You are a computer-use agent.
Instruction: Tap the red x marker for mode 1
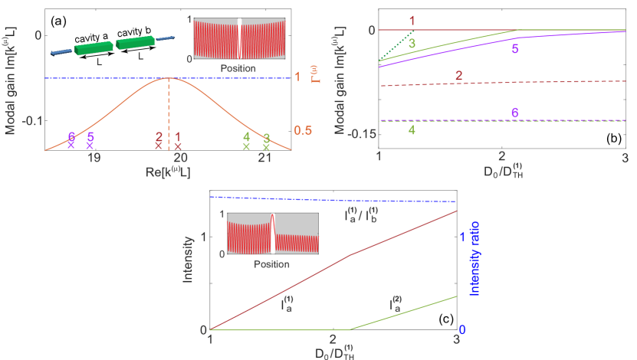tap(178, 146)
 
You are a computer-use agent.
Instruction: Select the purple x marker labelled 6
tap(71, 144)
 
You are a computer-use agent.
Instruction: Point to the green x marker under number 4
tap(246, 146)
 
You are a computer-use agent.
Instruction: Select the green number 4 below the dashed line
tap(412, 130)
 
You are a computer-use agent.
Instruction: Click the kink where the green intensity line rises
tap(351, 329)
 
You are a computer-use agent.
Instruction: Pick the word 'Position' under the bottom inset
tap(271, 263)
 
